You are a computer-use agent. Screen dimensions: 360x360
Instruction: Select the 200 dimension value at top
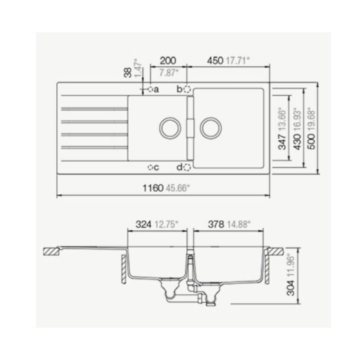pos(167,61)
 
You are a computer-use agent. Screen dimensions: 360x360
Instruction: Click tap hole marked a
pos(150,89)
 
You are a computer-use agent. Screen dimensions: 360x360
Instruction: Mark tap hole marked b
pos(187,89)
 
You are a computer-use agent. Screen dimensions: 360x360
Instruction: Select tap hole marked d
pos(187,168)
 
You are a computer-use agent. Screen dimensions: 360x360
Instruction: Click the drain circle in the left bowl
pos(170,127)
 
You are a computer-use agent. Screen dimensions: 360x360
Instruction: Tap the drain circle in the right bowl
pos(210,127)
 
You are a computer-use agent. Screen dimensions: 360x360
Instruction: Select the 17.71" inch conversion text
pos(237,61)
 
